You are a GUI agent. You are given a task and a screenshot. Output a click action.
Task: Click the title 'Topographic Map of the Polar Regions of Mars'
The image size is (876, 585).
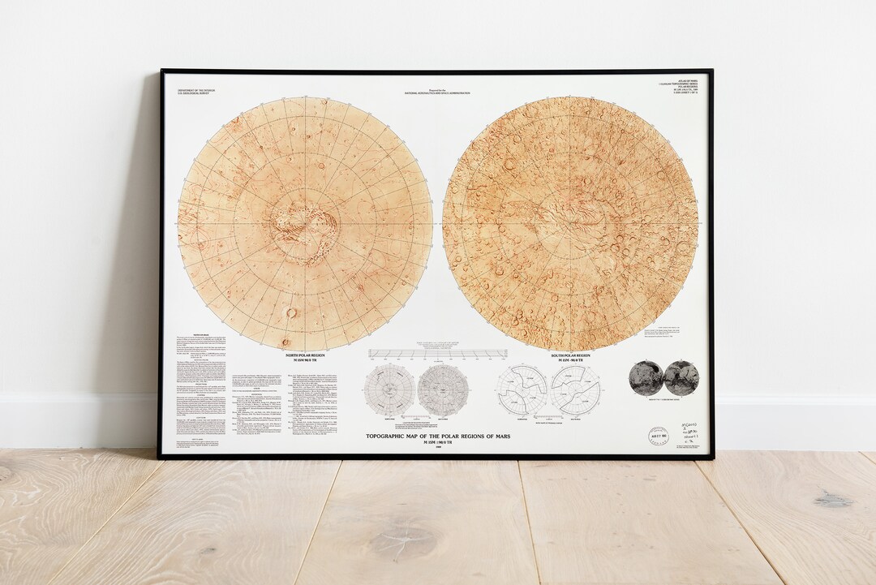[438, 434]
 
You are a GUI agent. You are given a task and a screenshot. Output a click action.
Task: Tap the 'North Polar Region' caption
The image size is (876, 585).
[305, 355]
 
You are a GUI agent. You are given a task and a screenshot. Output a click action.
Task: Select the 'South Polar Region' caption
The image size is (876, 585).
[570, 355]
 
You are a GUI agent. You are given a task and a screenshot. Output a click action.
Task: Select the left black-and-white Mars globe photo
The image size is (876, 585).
[646, 377]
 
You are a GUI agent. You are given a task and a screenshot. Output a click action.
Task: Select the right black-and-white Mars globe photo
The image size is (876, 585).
[681, 377]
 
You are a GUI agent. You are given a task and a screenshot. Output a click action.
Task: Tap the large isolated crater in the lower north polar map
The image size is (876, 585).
[290, 312]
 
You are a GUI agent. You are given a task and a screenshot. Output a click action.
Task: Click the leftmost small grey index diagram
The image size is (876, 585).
[389, 389]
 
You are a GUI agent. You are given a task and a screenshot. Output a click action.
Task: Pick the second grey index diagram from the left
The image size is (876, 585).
[443, 389]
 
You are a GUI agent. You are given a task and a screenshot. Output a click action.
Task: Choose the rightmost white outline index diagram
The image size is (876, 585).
[575, 389]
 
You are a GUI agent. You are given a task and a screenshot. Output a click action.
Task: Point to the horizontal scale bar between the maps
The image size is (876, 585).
[438, 354]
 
